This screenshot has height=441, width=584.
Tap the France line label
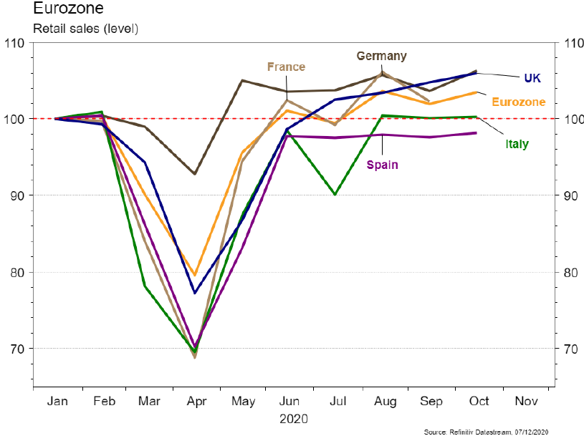(286, 67)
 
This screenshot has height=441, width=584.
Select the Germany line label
(381, 56)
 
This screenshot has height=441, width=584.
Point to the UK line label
(532, 78)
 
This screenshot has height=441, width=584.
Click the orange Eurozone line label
(518, 102)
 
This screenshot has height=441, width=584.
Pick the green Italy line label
(517, 144)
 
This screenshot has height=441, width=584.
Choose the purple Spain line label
(382, 165)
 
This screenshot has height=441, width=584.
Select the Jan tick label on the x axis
(57, 402)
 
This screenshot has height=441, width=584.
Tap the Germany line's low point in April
(194, 174)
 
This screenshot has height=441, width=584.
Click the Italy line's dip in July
(335, 194)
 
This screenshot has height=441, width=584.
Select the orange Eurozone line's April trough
(194, 276)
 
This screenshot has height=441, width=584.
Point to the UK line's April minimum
(194, 293)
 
